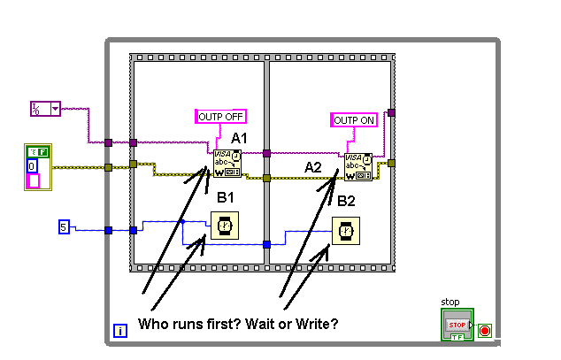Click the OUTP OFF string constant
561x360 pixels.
220,116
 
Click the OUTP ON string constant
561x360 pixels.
353,119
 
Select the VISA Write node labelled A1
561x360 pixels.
227,165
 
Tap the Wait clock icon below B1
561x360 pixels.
224,227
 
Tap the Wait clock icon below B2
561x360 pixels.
344,232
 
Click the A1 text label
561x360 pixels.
239,138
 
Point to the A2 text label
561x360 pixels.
313,167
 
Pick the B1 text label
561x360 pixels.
225,196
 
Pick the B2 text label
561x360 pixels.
346,201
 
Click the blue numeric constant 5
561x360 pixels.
64,227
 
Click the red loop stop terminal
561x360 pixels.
484,331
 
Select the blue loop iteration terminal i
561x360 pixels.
120,332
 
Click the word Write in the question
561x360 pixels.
306,324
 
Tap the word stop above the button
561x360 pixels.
450,302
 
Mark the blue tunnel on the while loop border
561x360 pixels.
108,230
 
